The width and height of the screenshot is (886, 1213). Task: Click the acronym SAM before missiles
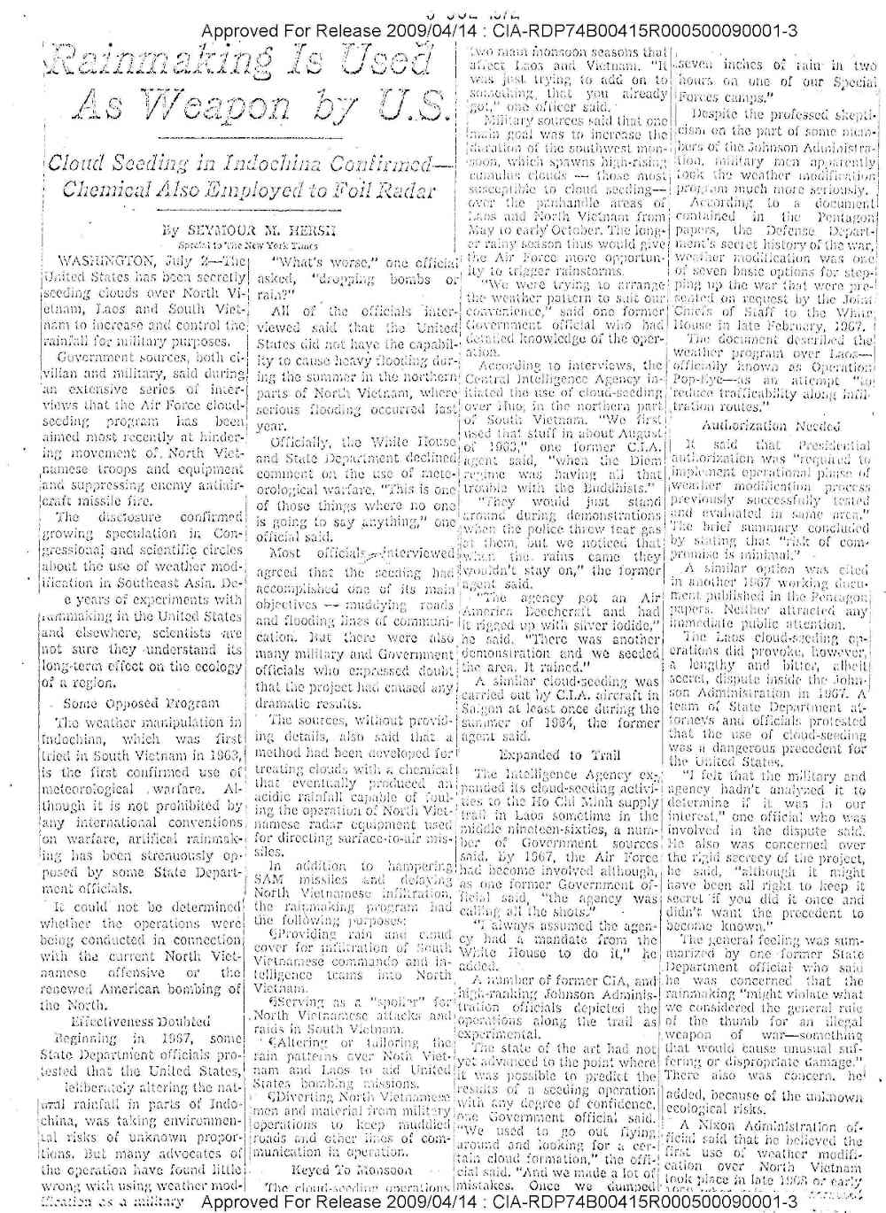[270, 881]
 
